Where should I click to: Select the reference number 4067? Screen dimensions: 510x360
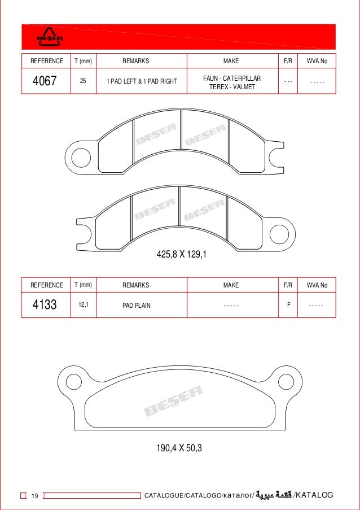coord(45,81)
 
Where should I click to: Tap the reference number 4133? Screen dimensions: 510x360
coord(45,305)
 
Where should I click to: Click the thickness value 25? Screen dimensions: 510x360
coord(83,81)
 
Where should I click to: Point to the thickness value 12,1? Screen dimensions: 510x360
coord(83,305)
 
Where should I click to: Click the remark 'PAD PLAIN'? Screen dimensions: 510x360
coord(137,306)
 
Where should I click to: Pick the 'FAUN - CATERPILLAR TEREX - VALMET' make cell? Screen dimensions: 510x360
coord(232,82)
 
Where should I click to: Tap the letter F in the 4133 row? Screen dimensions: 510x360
coord(288,305)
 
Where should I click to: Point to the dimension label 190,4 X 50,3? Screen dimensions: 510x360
coord(179,449)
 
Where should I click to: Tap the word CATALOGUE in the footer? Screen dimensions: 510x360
coord(164,496)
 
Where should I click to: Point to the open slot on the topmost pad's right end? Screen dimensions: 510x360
coord(278,156)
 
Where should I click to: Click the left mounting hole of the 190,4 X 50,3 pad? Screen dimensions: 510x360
coord(71,382)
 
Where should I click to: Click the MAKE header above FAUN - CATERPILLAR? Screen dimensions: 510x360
coord(231,61)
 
